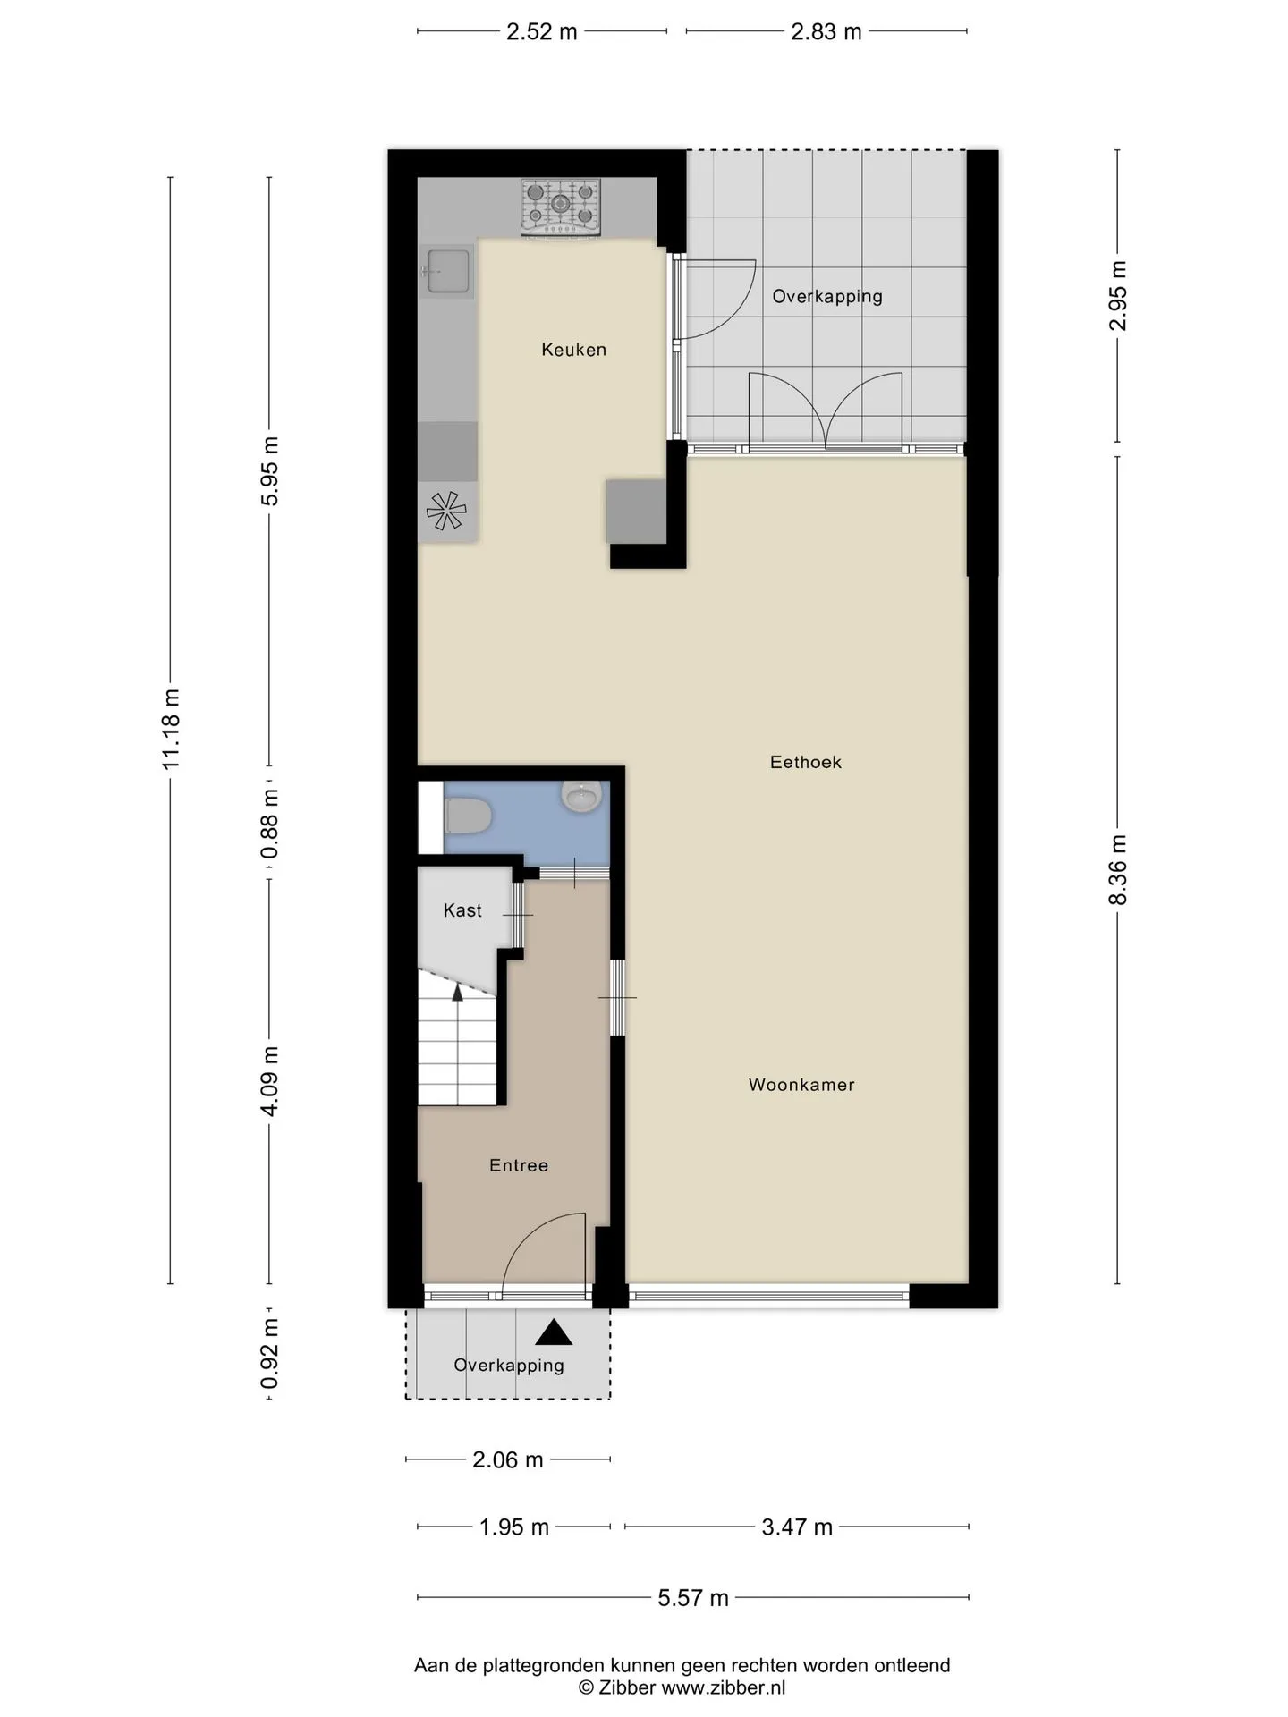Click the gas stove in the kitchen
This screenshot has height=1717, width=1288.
(561, 207)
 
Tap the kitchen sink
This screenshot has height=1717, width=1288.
(447, 271)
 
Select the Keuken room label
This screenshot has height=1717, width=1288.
(573, 350)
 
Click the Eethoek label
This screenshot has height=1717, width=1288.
(806, 762)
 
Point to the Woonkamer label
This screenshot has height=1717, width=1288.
(801, 1085)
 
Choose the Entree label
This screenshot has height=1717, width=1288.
(519, 1165)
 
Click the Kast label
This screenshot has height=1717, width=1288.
(462, 910)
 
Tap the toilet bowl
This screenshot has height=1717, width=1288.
(468, 816)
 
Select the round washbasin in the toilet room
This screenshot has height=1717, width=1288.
(582, 796)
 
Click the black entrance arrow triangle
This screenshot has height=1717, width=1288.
(554, 1332)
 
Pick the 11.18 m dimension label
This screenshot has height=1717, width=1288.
(171, 729)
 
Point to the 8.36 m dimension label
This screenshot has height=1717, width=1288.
(1118, 869)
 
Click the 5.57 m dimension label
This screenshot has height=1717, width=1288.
(693, 1598)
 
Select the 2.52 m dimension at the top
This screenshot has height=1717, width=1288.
(542, 32)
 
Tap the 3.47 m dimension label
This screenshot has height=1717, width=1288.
(797, 1527)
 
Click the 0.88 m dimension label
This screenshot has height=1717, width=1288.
(270, 824)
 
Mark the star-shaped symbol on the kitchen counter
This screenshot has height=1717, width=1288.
(446, 511)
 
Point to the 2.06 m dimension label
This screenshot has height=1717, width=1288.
(508, 1460)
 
